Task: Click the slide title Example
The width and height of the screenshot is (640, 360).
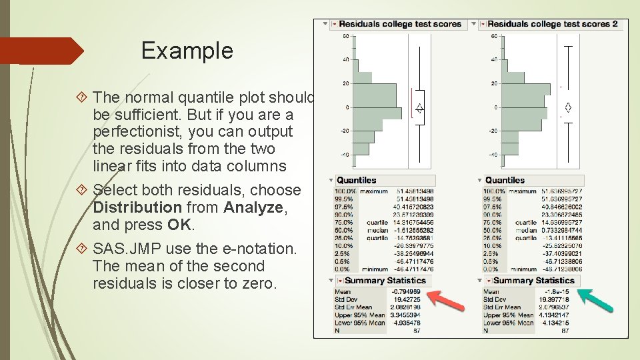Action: (187, 51)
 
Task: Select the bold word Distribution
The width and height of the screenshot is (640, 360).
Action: (137, 207)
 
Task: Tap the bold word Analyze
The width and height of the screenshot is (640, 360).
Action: (253, 207)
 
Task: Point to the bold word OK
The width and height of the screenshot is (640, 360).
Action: (179, 225)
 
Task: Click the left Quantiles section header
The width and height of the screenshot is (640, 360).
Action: (357, 180)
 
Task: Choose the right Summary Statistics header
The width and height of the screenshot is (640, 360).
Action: (533, 281)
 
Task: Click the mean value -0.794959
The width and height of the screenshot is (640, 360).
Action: (406, 291)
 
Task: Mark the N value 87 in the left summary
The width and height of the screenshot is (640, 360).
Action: (416, 331)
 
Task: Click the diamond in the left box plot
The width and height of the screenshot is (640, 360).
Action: (419, 107)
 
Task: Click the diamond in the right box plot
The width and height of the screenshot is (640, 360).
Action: (568, 107)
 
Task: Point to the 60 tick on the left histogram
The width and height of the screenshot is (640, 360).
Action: (345, 35)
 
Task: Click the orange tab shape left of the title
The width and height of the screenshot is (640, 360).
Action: (40, 51)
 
